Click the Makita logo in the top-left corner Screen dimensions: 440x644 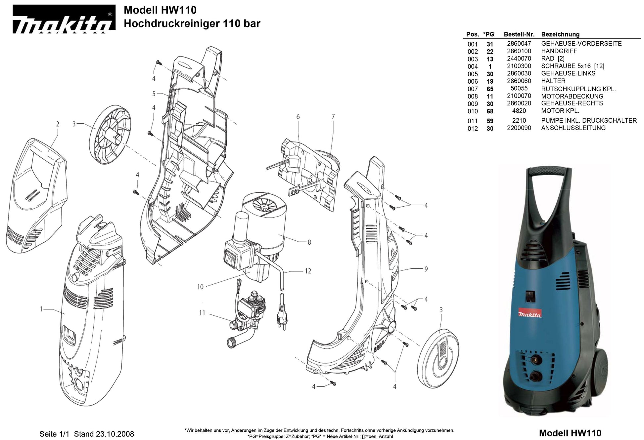pyautogui.click(x=64, y=20)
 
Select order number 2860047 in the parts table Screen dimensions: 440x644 pyautogui.click(x=519, y=44)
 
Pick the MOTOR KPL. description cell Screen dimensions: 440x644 pyautogui.click(x=560, y=111)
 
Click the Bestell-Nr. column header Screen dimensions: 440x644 pyautogui.click(x=519, y=34)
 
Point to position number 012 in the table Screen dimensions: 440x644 pyautogui.click(x=473, y=129)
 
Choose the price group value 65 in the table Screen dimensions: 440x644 pyautogui.click(x=490, y=89)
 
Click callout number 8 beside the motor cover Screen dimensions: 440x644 pyautogui.click(x=309, y=242)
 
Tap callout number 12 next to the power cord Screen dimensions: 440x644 pyautogui.click(x=308, y=271)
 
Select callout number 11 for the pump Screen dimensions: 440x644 pyautogui.click(x=202, y=313)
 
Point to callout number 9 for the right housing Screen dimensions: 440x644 pyautogui.click(x=426, y=269)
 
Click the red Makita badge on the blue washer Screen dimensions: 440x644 pyautogui.click(x=530, y=314)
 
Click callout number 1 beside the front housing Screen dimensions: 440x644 pyautogui.click(x=41, y=309)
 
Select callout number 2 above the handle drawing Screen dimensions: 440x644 pyautogui.click(x=58, y=124)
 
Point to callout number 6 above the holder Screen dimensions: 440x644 pyautogui.click(x=298, y=117)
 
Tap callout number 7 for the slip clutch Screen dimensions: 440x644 pyautogui.click(x=333, y=117)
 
